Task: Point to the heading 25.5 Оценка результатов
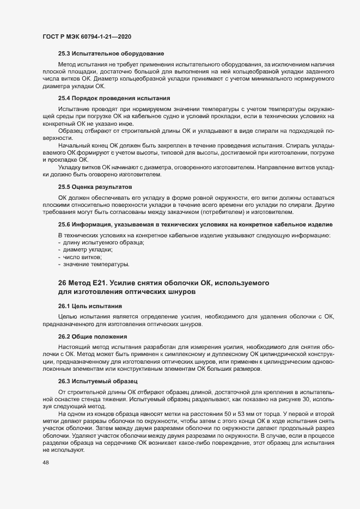[x=95, y=187]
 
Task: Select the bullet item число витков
[x=82, y=257]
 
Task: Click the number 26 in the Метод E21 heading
[x=62, y=283]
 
